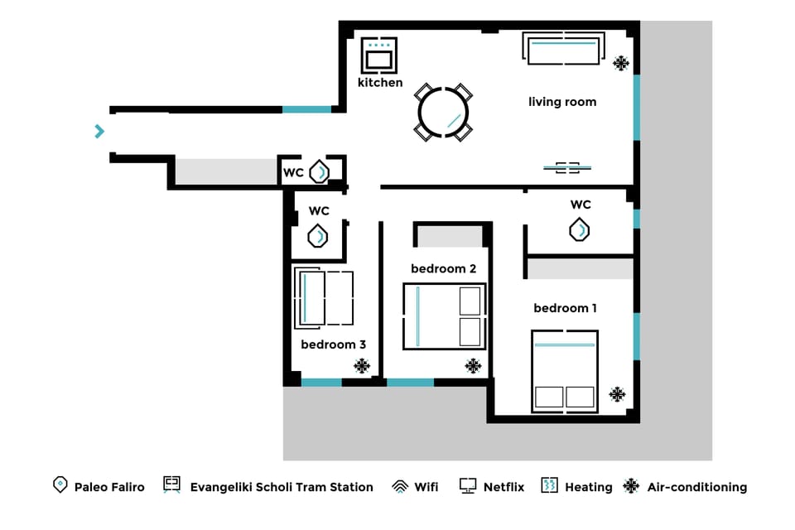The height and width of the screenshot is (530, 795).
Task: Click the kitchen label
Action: [x=380, y=83]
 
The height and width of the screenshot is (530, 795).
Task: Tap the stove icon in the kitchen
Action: [x=380, y=55]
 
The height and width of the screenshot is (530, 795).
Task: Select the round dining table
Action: [x=444, y=113]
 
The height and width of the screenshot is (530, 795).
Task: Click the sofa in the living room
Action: [x=563, y=50]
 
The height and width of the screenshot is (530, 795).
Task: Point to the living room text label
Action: [x=562, y=102]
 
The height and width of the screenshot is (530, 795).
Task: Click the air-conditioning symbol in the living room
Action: [x=620, y=63]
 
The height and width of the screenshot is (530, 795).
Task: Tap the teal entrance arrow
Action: [x=100, y=131]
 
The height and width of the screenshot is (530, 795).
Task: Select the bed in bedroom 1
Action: [x=564, y=371]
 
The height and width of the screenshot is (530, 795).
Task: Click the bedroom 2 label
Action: [x=444, y=268]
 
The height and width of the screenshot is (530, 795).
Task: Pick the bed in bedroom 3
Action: [x=324, y=297]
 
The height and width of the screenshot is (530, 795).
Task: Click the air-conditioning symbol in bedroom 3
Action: [x=362, y=365]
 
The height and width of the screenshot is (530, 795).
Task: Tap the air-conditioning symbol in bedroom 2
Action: [x=473, y=365]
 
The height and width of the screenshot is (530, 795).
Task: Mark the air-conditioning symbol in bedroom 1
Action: [x=617, y=394]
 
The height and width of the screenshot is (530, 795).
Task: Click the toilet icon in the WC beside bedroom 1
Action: [x=580, y=229]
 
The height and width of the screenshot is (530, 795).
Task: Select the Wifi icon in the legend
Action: [x=400, y=487]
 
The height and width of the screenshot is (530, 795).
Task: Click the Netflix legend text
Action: [x=503, y=487]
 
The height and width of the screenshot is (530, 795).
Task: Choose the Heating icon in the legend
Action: [x=549, y=486]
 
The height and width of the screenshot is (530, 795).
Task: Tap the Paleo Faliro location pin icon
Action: [x=60, y=485]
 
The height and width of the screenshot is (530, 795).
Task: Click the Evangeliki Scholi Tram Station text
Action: [x=282, y=487]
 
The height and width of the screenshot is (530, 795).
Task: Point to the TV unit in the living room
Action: [x=567, y=167]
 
